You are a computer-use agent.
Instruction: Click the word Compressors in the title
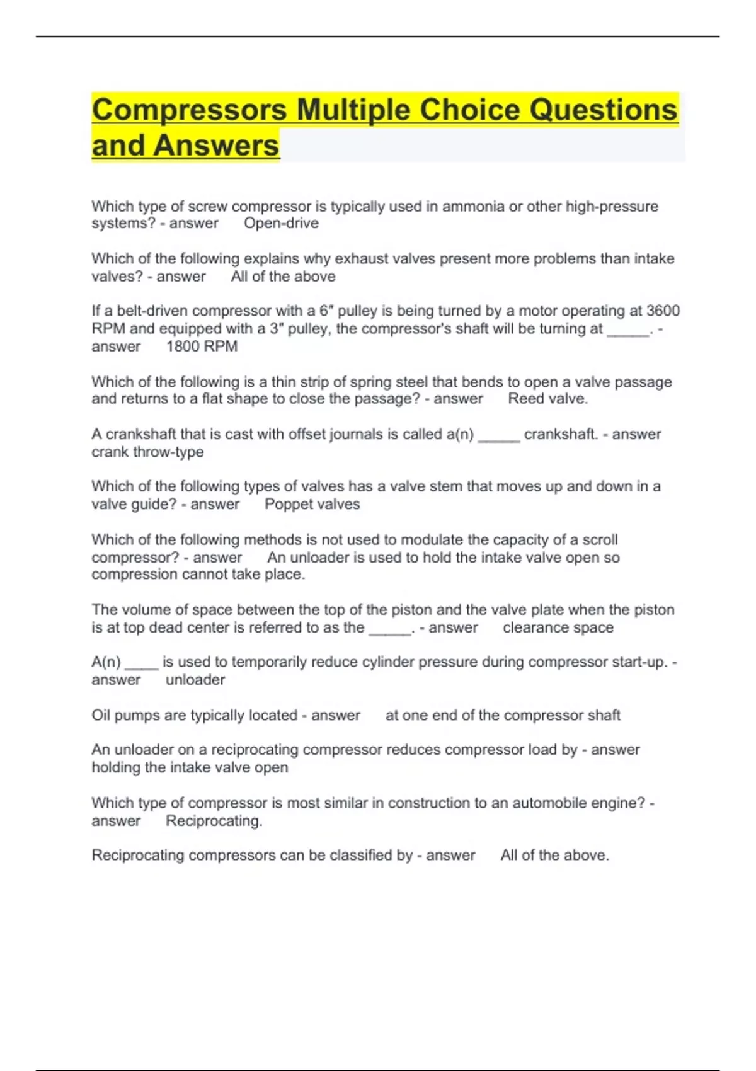click(x=189, y=110)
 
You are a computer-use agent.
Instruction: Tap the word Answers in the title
click(x=215, y=146)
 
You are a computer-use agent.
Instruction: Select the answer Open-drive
click(x=281, y=223)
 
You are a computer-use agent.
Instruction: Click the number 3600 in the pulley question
click(x=663, y=311)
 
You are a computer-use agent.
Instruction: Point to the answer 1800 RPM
click(x=202, y=346)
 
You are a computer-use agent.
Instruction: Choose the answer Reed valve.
click(x=547, y=399)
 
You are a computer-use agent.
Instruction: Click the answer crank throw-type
click(x=147, y=452)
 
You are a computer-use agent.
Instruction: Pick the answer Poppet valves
click(x=312, y=504)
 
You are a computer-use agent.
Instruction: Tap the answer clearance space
click(x=558, y=627)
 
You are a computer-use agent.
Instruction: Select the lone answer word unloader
click(x=195, y=680)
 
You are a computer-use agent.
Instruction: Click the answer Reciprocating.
click(x=214, y=821)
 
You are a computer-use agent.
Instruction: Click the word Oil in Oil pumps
click(x=101, y=715)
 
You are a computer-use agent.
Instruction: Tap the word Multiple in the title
click(x=353, y=110)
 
